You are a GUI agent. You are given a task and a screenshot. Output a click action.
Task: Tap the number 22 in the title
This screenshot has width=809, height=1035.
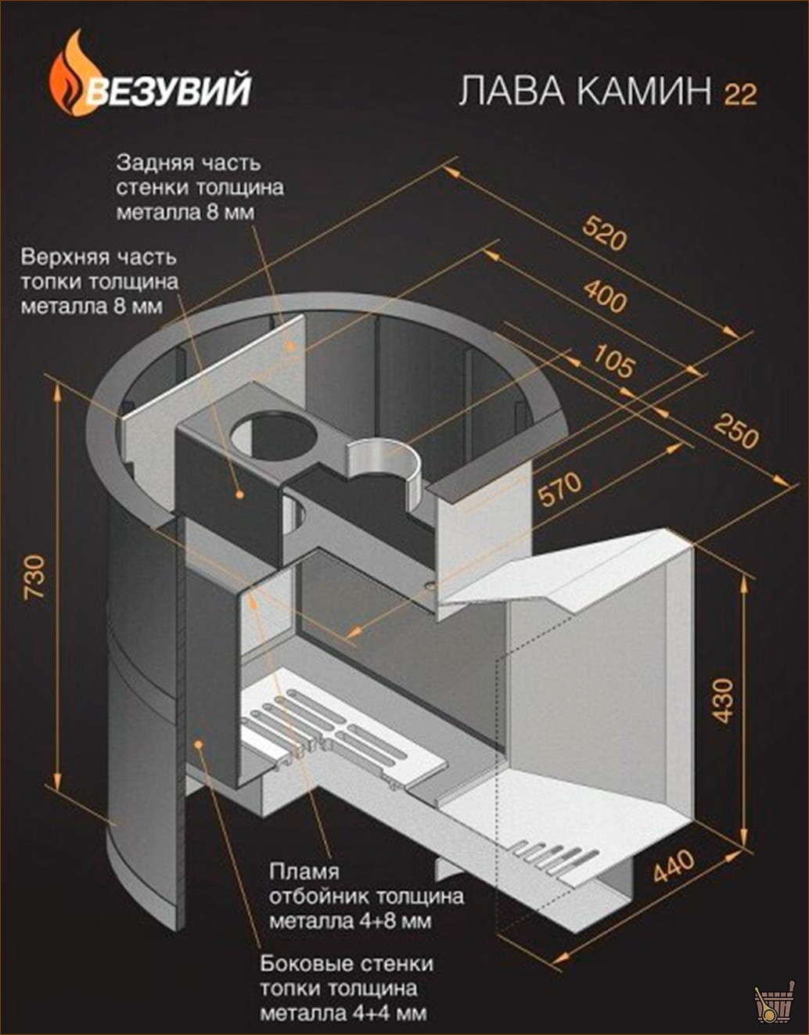click(740, 94)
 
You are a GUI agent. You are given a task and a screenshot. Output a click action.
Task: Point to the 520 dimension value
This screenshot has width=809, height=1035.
click(604, 233)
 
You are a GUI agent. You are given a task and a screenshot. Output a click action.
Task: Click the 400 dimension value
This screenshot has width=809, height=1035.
click(606, 296)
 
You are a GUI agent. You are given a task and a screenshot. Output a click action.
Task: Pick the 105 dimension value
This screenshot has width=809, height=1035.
click(613, 361)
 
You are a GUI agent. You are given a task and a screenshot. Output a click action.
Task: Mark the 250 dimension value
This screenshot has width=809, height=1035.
click(735, 431)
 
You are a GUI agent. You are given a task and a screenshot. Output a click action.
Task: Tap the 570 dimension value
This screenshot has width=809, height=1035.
click(560, 488)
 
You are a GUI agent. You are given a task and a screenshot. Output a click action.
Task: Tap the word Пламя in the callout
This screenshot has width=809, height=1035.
click(304, 872)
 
